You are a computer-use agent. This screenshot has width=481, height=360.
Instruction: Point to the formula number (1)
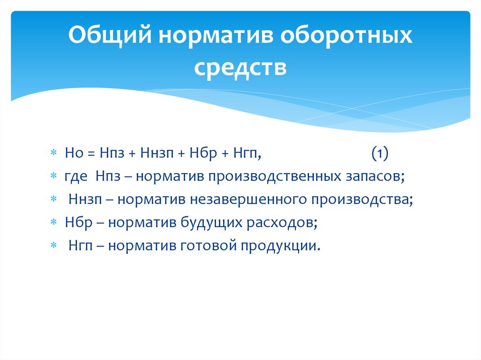tap(379, 153)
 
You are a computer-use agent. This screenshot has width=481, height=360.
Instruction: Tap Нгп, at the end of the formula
tap(245, 153)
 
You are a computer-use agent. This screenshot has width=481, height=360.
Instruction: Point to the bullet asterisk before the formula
tap(54, 154)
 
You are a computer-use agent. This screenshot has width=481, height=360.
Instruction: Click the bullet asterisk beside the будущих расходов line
tap(54, 223)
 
